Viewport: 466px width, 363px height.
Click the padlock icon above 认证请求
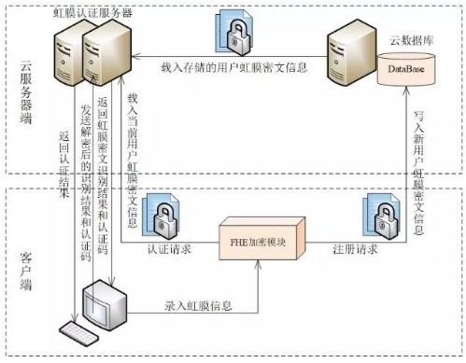pos(168,216)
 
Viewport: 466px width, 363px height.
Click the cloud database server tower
pos(350,60)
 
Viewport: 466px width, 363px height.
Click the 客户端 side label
pos(28,263)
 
